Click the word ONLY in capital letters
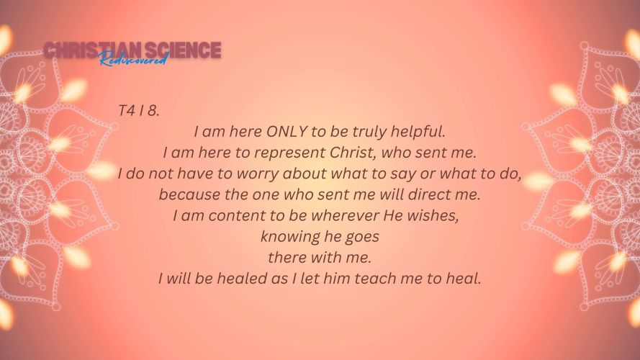click(x=287, y=132)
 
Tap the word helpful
click(x=418, y=132)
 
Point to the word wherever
click(x=345, y=215)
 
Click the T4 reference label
click(x=126, y=111)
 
